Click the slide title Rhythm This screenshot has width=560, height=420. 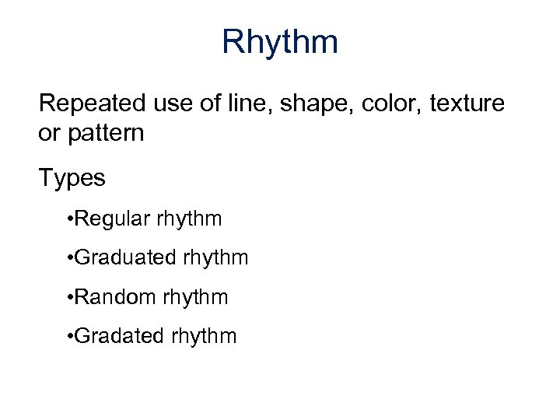point(280,41)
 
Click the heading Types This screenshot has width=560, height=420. point(72,178)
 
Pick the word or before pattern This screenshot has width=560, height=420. point(47,133)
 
